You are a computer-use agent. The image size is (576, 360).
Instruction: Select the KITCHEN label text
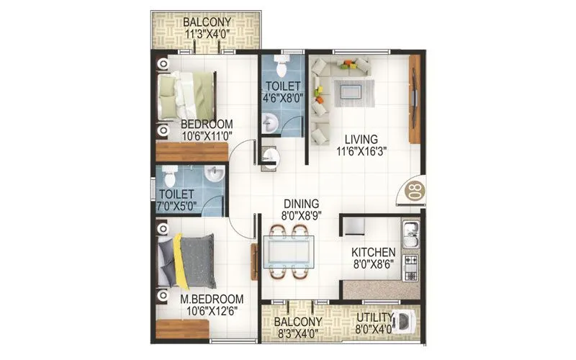click(372, 253)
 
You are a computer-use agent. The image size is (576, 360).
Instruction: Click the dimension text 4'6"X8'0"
click(282, 99)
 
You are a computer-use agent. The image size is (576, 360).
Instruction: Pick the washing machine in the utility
click(406, 321)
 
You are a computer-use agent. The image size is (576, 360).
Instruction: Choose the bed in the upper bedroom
click(189, 95)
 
